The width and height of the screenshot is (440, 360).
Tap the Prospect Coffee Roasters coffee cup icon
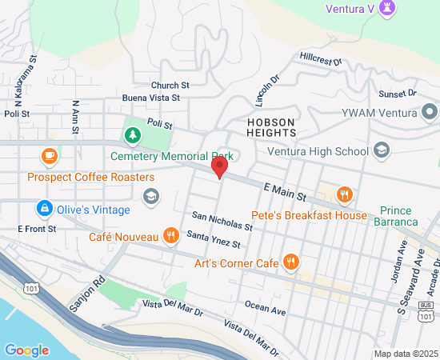point(50,155)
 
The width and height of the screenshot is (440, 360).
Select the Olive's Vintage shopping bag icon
point(45,209)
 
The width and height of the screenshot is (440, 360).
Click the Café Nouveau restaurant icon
point(170,236)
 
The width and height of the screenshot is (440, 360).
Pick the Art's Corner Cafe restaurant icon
point(291,262)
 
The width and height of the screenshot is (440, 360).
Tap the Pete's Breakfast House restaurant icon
point(345,194)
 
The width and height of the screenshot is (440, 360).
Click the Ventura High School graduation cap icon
point(382,150)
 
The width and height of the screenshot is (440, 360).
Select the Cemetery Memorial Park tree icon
point(130,134)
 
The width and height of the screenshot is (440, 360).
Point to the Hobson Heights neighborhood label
point(270,127)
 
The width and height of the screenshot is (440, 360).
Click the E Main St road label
point(286,190)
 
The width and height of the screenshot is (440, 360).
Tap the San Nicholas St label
point(222,222)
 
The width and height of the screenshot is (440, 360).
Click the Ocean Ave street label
point(266,308)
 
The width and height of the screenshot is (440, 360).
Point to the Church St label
point(170,85)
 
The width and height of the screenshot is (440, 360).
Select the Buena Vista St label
point(150,98)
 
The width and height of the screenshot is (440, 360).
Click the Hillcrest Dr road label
point(321,59)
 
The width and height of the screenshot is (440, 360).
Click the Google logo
point(26,350)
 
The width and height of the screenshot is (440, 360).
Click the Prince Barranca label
point(399,216)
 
